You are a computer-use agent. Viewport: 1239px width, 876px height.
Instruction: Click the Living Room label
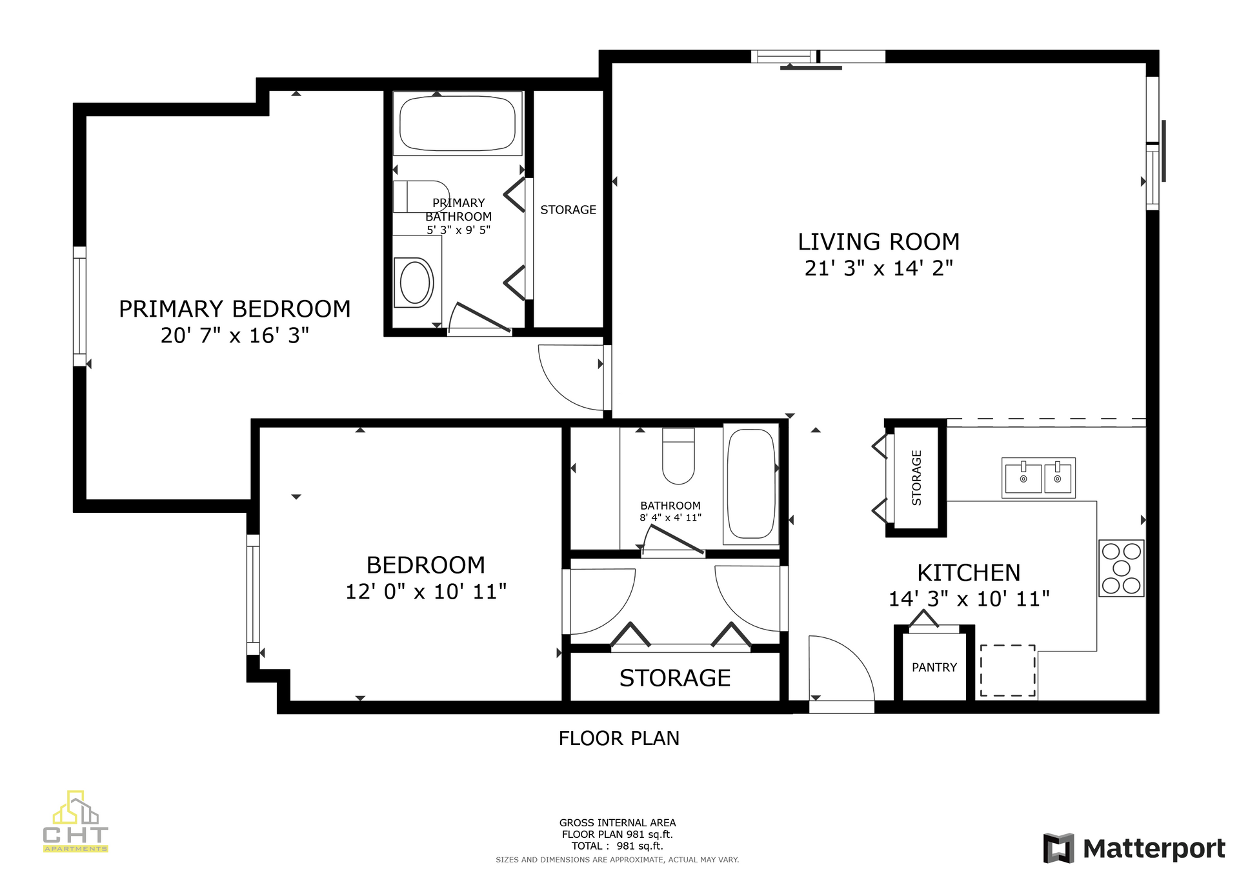pyautogui.click(x=878, y=242)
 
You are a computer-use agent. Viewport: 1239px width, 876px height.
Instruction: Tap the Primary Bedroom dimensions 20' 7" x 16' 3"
pyautogui.click(x=235, y=335)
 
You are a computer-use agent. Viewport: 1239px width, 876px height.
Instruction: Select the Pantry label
pyautogui.click(x=934, y=668)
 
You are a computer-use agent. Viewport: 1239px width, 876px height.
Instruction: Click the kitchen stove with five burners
pyautogui.click(x=1122, y=568)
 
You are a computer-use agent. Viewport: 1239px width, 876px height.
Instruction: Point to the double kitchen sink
pyautogui.click(x=1038, y=478)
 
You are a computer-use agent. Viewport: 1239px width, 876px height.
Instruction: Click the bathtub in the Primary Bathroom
pyautogui.click(x=458, y=123)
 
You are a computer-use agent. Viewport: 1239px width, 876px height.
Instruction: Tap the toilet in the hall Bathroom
pyautogui.click(x=678, y=456)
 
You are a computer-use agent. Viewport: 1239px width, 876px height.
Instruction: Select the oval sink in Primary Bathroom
pyautogui.click(x=415, y=283)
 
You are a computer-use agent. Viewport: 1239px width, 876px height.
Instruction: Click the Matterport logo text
pyautogui.click(x=1154, y=849)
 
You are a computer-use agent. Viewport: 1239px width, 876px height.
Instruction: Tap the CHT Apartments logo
pyautogui.click(x=76, y=821)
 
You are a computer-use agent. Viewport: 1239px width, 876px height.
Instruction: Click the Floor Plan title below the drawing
pyautogui.click(x=619, y=739)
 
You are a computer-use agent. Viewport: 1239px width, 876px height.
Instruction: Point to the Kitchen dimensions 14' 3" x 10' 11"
pyautogui.click(x=969, y=599)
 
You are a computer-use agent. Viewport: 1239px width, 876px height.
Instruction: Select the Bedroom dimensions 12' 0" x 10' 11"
pyautogui.click(x=426, y=592)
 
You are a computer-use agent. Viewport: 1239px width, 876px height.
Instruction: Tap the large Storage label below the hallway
pyautogui.click(x=675, y=678)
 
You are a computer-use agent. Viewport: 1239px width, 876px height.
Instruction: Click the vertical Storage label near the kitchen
pyautogui.click(x=916, y=478)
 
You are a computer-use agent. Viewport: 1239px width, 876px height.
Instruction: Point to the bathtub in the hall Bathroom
pyautogui.click(x=750, y=484)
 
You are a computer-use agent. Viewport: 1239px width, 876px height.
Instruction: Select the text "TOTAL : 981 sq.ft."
pyautogui.click(x=618, y=846)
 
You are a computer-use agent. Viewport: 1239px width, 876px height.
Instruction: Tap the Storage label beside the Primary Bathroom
pyautogui.click(x=568, y=210)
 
